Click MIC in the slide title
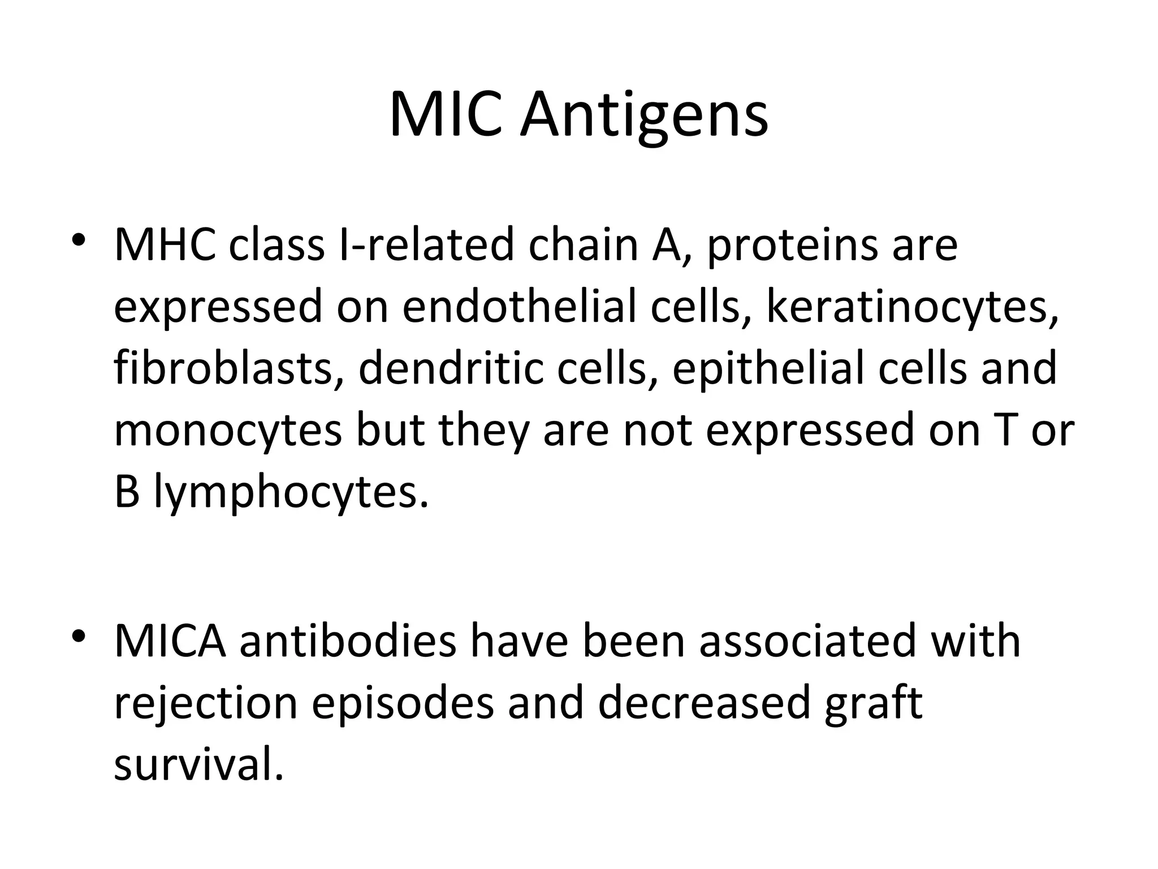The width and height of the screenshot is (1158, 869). tap(446, 116)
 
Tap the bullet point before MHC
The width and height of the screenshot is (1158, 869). tap(79, 239)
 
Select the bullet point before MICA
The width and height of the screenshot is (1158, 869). tap(79, 635)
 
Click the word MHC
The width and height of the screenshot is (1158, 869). tap(165, 244)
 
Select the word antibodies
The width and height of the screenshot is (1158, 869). tap(347, 641)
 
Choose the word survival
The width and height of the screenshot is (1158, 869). tap(198, 765)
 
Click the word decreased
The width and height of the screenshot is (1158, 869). tap(703, 703)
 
